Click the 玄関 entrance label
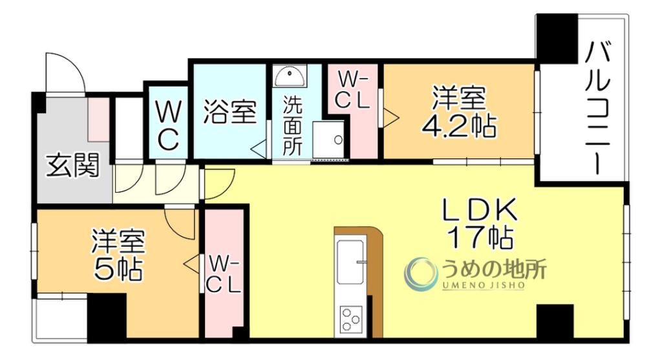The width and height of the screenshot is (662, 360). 72,166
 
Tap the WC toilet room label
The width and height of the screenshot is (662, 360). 167,128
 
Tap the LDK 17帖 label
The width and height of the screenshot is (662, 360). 479,224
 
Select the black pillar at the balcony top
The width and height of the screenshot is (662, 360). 557,37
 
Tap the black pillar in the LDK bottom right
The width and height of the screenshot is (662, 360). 555,321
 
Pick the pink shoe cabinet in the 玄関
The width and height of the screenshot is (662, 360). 99,120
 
